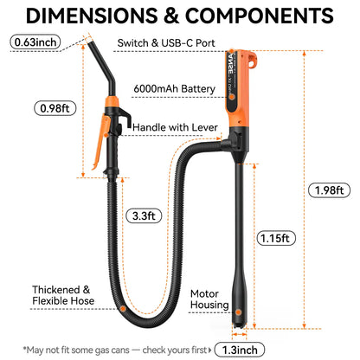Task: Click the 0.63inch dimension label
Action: [35, 42]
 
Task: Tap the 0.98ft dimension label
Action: [55, 108]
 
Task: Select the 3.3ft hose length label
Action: [144, 215]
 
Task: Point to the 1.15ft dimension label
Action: [276, 238]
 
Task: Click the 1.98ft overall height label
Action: [329, 190]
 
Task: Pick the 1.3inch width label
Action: [240, 350]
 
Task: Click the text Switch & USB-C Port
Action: [166, 43]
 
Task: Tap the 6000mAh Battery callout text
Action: [174, 88]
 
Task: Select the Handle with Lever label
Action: [175, 127]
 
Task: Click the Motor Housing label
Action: [209, 299]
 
